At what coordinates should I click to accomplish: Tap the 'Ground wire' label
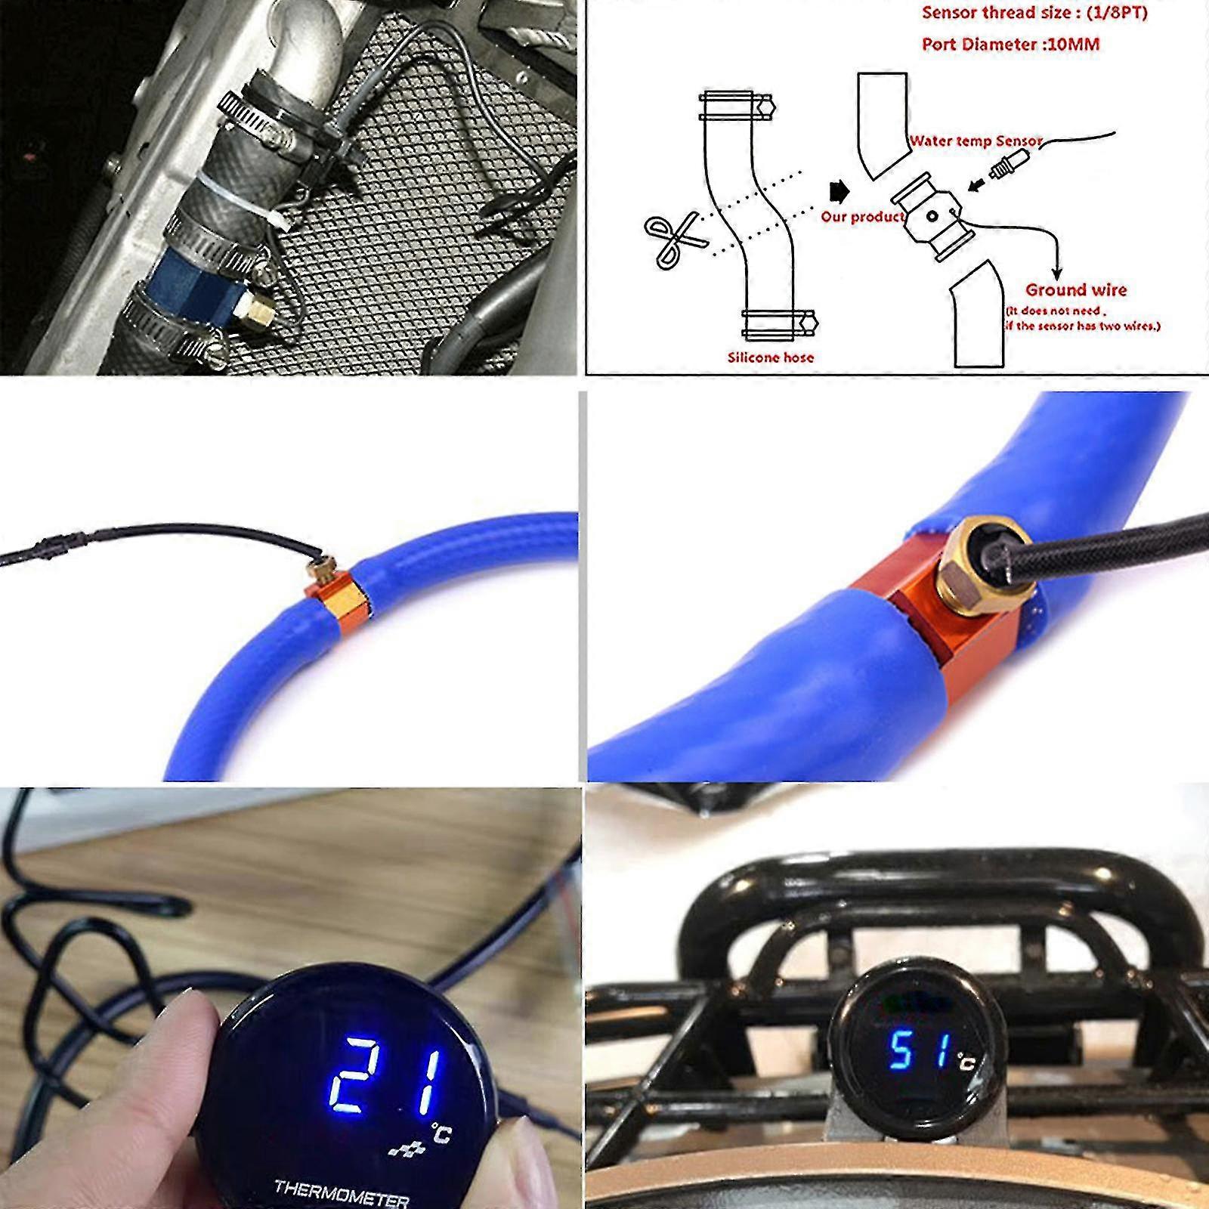[1075, 289]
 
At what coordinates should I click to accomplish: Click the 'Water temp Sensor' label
[975, 141]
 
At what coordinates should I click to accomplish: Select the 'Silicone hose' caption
[770, 357]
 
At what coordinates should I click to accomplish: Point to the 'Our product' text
[862, 217]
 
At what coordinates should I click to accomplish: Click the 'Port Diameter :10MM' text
[1010, 44]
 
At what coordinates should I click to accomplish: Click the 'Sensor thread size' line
[1034, 12]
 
